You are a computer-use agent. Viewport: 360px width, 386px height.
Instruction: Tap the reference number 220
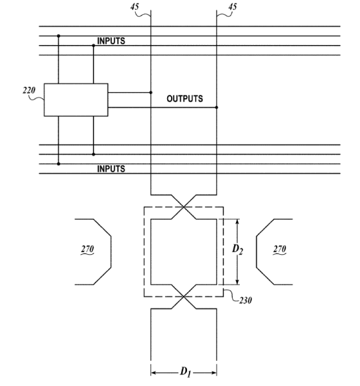[x=29, y=91]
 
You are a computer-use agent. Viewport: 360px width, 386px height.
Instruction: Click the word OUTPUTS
[x=184, y=98]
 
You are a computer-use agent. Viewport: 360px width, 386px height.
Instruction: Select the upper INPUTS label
[x=111, y=41]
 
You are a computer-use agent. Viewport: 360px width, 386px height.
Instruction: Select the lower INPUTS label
[x=111, y=169]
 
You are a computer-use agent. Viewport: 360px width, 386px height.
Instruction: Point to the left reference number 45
[x=134, y=6]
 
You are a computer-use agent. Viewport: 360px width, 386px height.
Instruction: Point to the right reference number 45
[x=233, y=6]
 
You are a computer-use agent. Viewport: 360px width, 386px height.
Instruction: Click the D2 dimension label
[x=237, y=250]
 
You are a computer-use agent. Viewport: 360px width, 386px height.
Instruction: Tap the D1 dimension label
[x=185, y=372]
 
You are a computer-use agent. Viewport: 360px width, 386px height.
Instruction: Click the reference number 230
[x=246, y=300]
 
